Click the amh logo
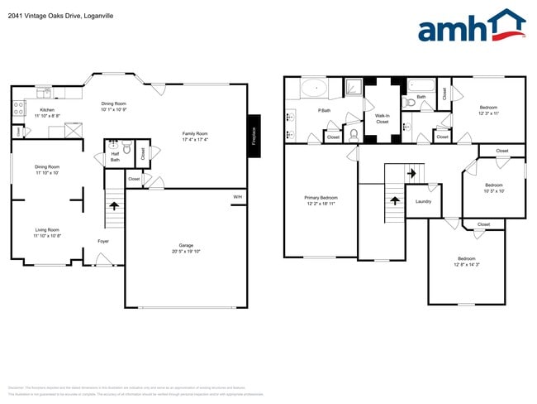pos(471,26)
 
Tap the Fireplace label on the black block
pos(254,135)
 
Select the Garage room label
pos(186,246)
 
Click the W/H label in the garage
pos(237,197)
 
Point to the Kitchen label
pos(47,110)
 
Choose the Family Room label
pos(195,133)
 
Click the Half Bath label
pos(116,156)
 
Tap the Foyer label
pos(103,241)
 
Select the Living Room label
pos(46,229)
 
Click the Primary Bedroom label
pos(321,197)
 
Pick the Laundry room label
pos(423,201)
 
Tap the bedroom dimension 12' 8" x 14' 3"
pos(467,265)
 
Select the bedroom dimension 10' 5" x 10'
pos(494,190)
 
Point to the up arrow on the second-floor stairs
pos(395,200)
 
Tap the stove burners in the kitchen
pos(18,108)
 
